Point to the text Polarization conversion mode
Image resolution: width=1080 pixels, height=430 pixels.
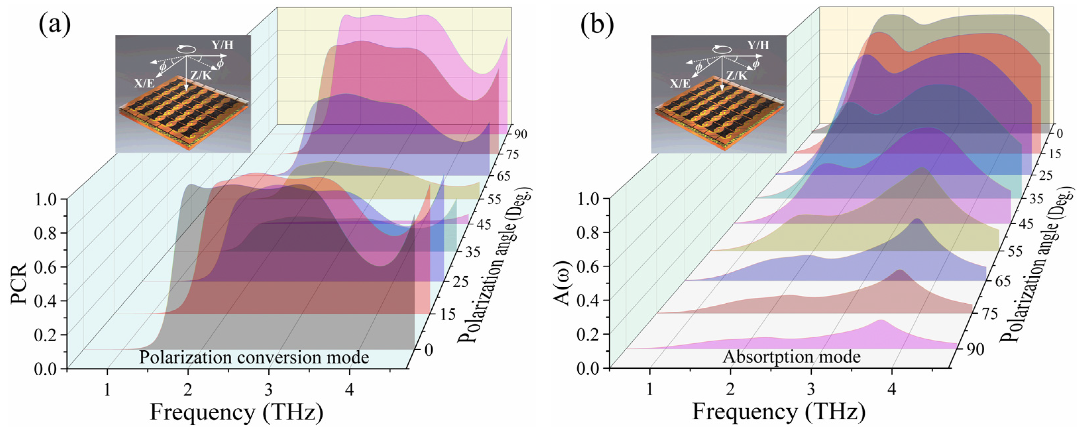(254, 357)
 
